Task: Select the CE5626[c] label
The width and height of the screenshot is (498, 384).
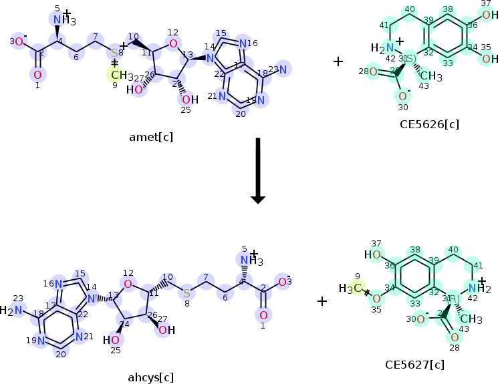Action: [428, 124]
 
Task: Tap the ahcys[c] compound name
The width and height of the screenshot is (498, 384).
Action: [151, 377]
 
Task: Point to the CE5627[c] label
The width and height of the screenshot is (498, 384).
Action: [414, 365]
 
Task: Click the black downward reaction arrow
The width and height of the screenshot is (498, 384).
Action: [257, 170]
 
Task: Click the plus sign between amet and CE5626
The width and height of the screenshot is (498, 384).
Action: [338, 61]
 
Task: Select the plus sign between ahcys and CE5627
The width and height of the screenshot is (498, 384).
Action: [322, 301]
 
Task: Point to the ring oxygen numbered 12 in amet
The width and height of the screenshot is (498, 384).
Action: [173, 44]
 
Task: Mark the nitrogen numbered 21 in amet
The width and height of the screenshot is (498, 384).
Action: [224, 97]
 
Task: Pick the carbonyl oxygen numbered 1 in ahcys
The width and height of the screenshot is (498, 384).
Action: [263, 315]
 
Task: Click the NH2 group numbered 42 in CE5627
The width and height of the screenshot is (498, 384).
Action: [479, 288]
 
